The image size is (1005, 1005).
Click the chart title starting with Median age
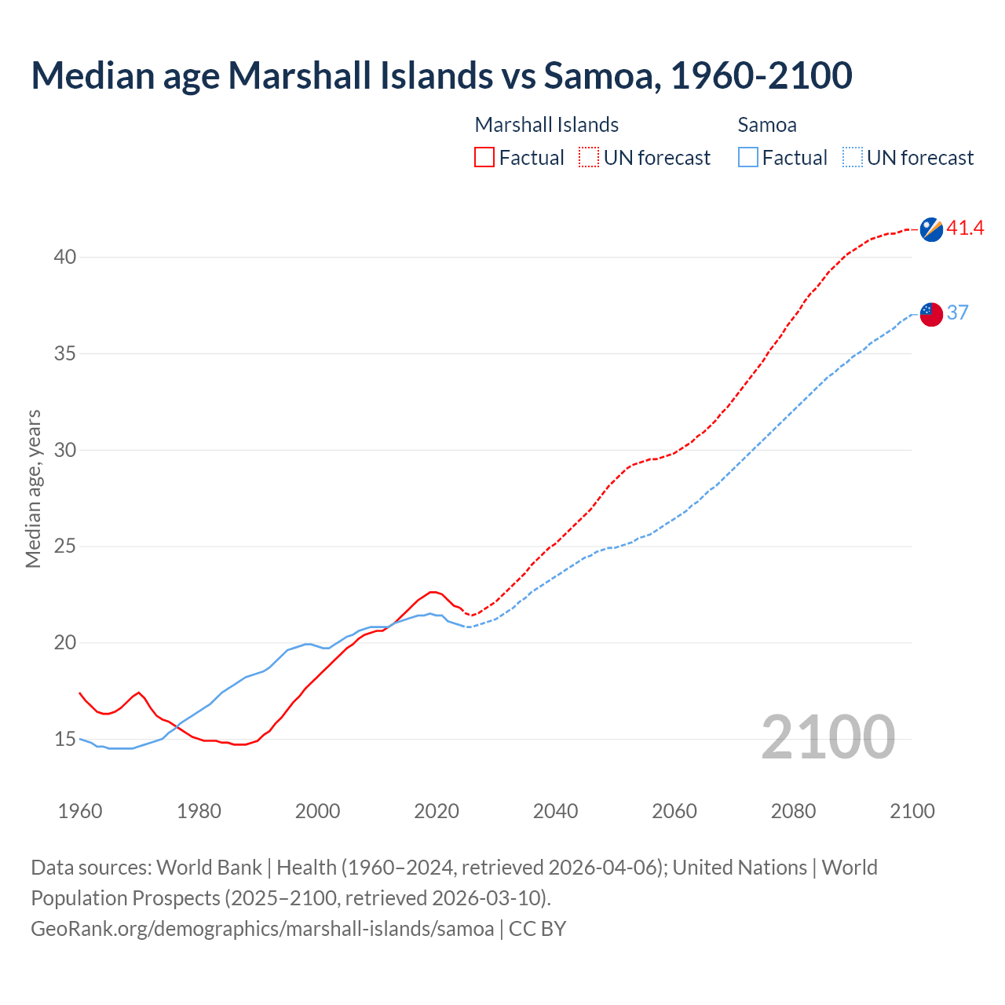(441, 75)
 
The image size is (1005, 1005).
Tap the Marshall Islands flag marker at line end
(930, 229)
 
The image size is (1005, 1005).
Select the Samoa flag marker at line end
(930, 313)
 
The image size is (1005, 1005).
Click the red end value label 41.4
(965, 228)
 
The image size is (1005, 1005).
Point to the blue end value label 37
(957, 312)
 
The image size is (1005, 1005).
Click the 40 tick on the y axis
(65, 258)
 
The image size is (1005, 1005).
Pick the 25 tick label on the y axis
(65, 546)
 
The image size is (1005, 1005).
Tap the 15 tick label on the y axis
(65, 740)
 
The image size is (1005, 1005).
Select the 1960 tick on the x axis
(80, 811)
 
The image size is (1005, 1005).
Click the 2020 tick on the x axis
(437, 811)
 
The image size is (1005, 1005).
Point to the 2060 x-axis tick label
(674, 811)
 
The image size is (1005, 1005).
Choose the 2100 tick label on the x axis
(912, 811)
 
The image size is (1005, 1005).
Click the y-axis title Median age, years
(33, 488)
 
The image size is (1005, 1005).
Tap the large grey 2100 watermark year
(828, 736)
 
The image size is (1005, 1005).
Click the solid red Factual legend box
(484, 158)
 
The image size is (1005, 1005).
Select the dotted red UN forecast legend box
(589, 158)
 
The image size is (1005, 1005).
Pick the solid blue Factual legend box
(748, 158)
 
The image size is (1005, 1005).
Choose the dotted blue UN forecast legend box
(852, 158)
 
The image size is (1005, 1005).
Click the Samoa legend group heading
(767, 125)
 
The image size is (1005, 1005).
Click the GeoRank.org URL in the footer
(262, 929)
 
